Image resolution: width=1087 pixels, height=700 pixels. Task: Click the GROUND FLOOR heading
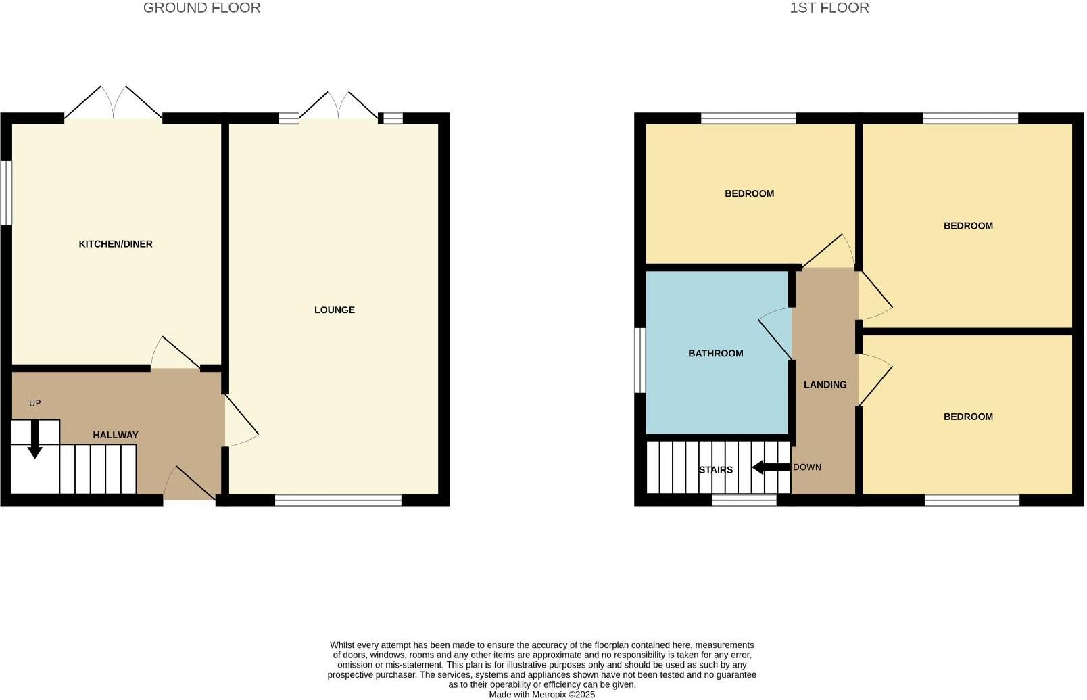click(x=201, y=8)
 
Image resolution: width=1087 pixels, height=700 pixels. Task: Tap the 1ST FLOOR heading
click(x=829, y=8)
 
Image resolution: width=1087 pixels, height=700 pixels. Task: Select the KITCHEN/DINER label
click(x=116, y=244)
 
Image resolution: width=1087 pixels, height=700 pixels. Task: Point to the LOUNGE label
click(x=334, y=310)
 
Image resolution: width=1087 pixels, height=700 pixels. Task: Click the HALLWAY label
click(x=115, y=435)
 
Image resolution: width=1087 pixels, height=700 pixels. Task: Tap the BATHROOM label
click(x=715, y=353)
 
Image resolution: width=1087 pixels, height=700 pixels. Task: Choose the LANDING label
click(x=825, y=384)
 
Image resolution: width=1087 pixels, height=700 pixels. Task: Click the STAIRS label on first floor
click(x=715, y=469)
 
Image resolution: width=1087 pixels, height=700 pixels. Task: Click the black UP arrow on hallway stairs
click(x=34, y=442)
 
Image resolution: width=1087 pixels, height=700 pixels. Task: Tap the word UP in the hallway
click(x=35, y=403)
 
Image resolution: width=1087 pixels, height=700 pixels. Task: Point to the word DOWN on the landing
click(x=807, y=467)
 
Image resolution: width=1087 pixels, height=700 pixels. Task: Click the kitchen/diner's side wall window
click(x=6, y=192)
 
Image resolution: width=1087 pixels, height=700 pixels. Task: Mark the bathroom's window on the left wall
click(x=639, y=360)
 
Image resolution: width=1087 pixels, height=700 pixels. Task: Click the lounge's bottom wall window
click(x=338, y=500)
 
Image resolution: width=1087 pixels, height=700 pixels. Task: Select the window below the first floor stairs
click(x=744, y=500)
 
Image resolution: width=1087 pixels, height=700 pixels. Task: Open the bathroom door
click(x=776, y=333)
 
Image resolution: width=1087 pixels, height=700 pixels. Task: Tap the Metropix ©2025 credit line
click(x=541, y=694)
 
